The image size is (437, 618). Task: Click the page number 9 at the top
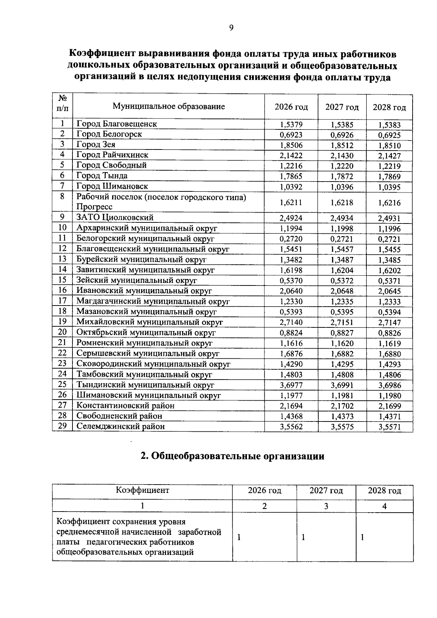231,28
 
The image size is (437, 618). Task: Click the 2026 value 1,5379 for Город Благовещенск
291,125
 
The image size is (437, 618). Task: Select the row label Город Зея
96,144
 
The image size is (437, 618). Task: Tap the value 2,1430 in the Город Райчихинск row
342,156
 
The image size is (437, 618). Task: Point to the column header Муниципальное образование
169,106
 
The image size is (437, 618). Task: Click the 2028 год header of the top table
389,108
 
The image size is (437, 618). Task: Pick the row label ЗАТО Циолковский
115,218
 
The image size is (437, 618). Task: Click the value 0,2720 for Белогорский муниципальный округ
291,239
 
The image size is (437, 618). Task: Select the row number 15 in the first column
62,280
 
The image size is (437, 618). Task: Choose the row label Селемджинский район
120,426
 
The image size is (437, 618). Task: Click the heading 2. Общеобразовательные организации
232,456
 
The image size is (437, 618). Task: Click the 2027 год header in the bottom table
326,491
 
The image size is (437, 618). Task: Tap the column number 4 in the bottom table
385,506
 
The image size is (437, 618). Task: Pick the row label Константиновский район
125,405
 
